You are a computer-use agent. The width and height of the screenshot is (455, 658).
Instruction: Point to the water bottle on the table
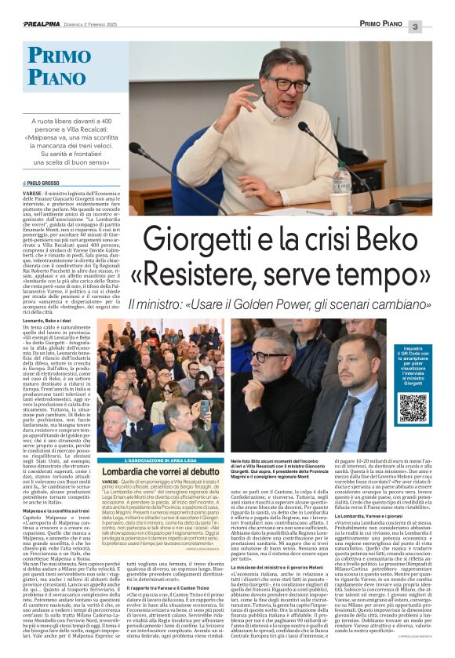pos(342,182)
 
